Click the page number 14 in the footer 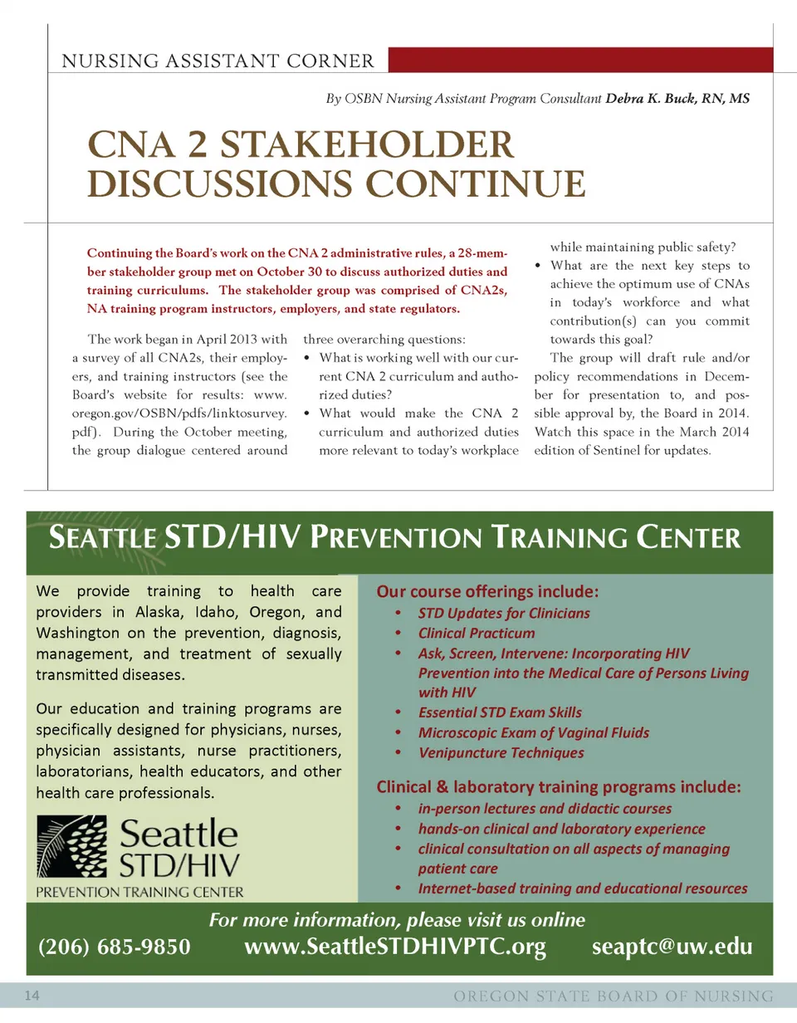click(33, 996)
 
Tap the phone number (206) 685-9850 click(115, 947)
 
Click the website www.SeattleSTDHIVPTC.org click(395, 947)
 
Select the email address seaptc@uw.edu click(672, 947)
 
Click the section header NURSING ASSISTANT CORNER click(218, 61)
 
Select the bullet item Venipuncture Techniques click(501, 753)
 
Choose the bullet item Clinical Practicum click(477, 633)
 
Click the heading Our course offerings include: click(487, 592)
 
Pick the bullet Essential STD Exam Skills click(500, 712)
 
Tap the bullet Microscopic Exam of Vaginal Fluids click(533, 732)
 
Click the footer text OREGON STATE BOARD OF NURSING click(614, 996)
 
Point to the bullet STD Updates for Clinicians click(504, 613)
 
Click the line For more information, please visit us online click(397, 920)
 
